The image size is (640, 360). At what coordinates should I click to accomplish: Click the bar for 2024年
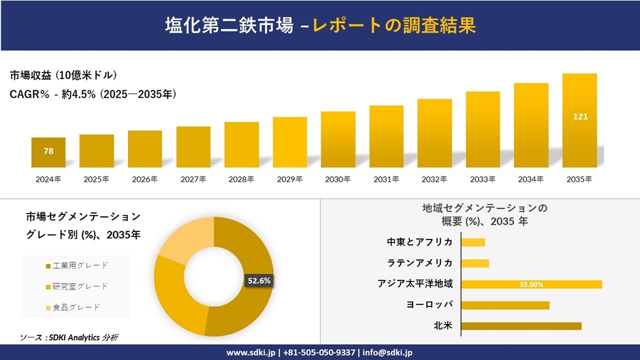(48, 152)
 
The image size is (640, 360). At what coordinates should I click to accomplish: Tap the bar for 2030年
(338, 140)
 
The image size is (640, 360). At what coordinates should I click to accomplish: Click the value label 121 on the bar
(580, 117)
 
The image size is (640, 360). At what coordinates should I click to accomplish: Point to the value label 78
(48, 151)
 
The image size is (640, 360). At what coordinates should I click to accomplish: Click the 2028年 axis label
(242, 180)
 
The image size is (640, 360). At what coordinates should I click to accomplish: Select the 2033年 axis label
(483, 180)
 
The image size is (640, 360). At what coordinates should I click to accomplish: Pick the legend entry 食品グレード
(72, 308)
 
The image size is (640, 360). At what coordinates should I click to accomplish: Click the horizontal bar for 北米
(521, 326)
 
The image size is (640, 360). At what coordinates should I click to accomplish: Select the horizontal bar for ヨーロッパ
(505, 305)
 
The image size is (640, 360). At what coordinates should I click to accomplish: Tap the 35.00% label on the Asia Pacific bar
(531, 284)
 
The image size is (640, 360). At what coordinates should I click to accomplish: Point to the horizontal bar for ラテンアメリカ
(475, 263)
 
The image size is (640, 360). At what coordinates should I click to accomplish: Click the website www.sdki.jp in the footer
(250, 353)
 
